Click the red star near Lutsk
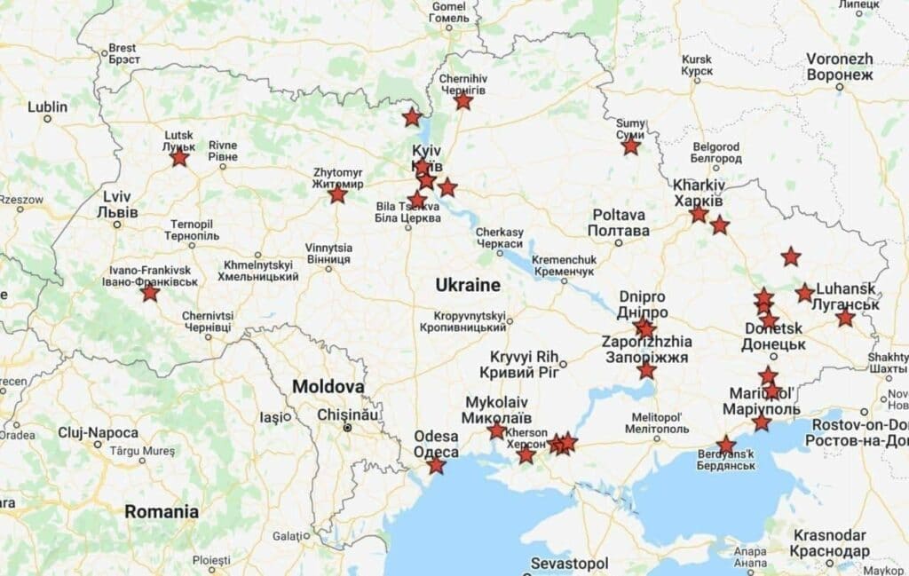coord(179,158)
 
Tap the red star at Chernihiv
coord(463,101)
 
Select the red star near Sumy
coord(630,146)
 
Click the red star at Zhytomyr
coord(337,193)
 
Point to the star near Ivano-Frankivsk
coord(150,292)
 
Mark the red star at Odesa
coord(436,465)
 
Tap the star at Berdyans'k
coord(726,445)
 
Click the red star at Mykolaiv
coord(496,431)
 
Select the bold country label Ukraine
coord(468,286)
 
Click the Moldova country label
coord(328,388)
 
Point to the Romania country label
coord(162,512)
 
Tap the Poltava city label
coord(619,222)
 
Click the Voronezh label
coord(840,67)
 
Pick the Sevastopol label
coord(569,564)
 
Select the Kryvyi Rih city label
coord(518,363)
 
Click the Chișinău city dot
coord(348,427)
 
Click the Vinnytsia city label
coord(328,254)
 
